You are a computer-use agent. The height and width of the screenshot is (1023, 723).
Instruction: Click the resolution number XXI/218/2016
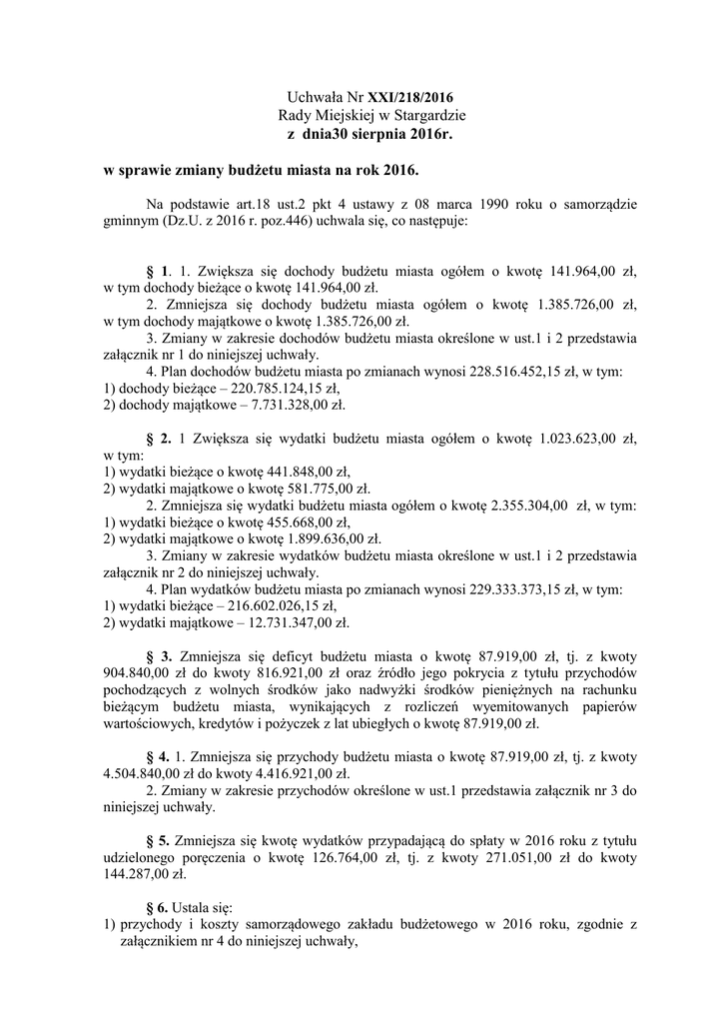[411, 99]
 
